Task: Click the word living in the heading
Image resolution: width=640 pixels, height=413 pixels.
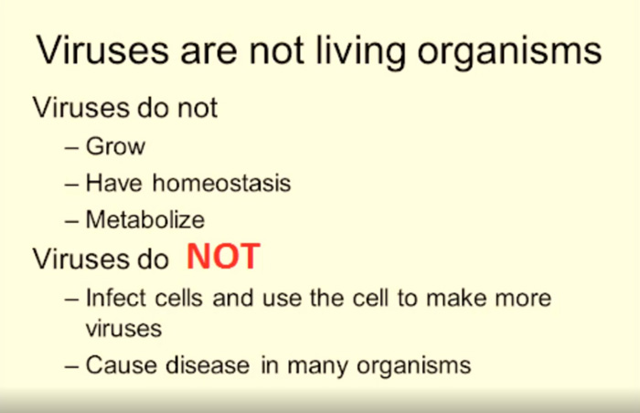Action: (x=361, y=52)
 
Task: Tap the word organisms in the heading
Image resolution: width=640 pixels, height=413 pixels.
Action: (x=509, y=53)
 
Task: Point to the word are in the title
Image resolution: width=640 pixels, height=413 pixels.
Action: (x=208, y=53)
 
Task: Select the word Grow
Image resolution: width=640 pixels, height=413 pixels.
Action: (x=115, y=145)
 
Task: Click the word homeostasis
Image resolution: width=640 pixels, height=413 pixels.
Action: (x=221, y=183)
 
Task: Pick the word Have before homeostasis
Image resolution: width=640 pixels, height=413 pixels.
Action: (x=114, y=183)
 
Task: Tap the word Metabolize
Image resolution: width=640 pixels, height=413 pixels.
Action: (x=144, y=219)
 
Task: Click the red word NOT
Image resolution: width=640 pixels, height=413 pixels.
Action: (x=223, y=256)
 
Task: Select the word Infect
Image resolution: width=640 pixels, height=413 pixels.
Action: (x=116, y=298)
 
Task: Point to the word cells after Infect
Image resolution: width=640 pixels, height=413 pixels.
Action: (x=179, y=298)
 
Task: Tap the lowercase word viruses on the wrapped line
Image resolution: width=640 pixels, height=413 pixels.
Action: (x=123, y=329)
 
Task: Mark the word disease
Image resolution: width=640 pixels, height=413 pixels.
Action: (x=208, y=365)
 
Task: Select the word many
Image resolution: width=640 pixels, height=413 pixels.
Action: (x=317, y=366)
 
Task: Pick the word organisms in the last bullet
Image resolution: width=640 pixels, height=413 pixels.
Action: (x=414, y=366)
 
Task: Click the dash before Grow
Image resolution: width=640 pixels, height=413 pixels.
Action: (x=71, y=147)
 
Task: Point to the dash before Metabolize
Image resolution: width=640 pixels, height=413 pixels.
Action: (x=71, y=221)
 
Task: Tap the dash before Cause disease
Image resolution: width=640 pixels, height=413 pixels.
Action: (x=71, y=366)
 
